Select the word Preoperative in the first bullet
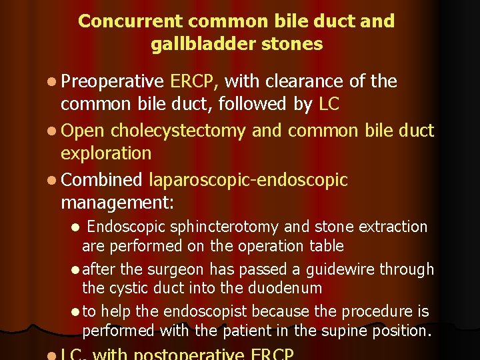(112, 82)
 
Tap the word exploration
(106, 153)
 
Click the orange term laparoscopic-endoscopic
(249, 180)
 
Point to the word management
(117, 202)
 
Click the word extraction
(393, 227)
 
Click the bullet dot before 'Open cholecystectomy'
(53, 130)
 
